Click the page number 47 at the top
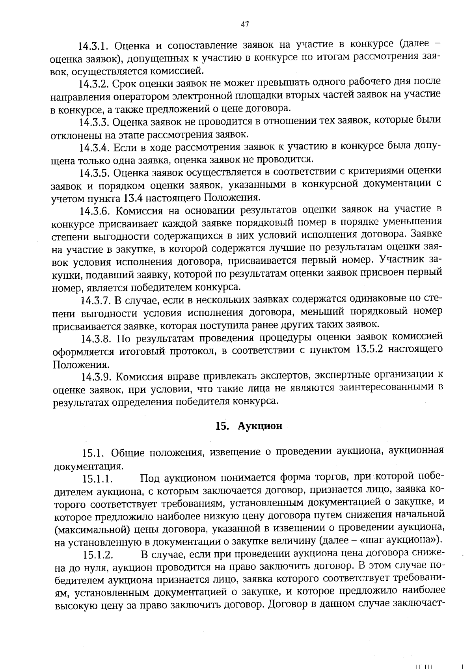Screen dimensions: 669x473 coord(244,24)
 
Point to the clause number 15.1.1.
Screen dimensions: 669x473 coord(98,479)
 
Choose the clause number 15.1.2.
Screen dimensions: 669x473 coord(98,555)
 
